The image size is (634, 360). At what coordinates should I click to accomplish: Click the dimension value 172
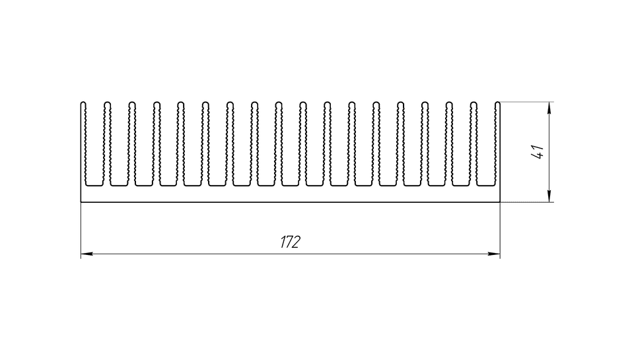(291, 242)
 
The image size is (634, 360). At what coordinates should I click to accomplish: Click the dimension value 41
(539, 151)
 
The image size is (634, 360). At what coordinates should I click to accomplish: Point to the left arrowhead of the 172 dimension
(87, 254)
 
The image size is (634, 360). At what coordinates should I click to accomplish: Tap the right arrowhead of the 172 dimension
(494, 254)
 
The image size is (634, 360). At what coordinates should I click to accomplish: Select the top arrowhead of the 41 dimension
(549, 108)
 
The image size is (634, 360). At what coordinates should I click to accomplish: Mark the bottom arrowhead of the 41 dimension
(549, 196)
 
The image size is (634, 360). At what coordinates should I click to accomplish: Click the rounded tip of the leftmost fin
(83, 103)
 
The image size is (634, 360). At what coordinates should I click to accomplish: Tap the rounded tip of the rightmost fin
(498, 103)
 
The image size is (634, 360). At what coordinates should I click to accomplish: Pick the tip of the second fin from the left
(107, 103)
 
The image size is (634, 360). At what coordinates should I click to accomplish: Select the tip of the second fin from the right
(474, 103)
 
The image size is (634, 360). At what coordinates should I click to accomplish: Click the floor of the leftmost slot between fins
(94, 186)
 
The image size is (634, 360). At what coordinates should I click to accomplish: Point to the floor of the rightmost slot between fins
(485, 186)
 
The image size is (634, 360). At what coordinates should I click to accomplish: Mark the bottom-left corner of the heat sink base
(81, 202)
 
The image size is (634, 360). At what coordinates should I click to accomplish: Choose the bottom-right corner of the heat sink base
(500, 202)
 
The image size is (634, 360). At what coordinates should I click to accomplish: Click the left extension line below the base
(81, 230)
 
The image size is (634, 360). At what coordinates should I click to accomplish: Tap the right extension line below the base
(500, 230)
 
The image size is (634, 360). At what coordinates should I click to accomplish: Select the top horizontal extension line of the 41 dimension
(527, 102)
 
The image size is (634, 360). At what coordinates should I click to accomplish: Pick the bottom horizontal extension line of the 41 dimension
(527, 202)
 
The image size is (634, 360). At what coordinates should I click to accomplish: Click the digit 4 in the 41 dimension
(539, 155)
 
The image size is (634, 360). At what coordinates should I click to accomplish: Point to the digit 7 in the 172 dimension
(289, 242)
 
